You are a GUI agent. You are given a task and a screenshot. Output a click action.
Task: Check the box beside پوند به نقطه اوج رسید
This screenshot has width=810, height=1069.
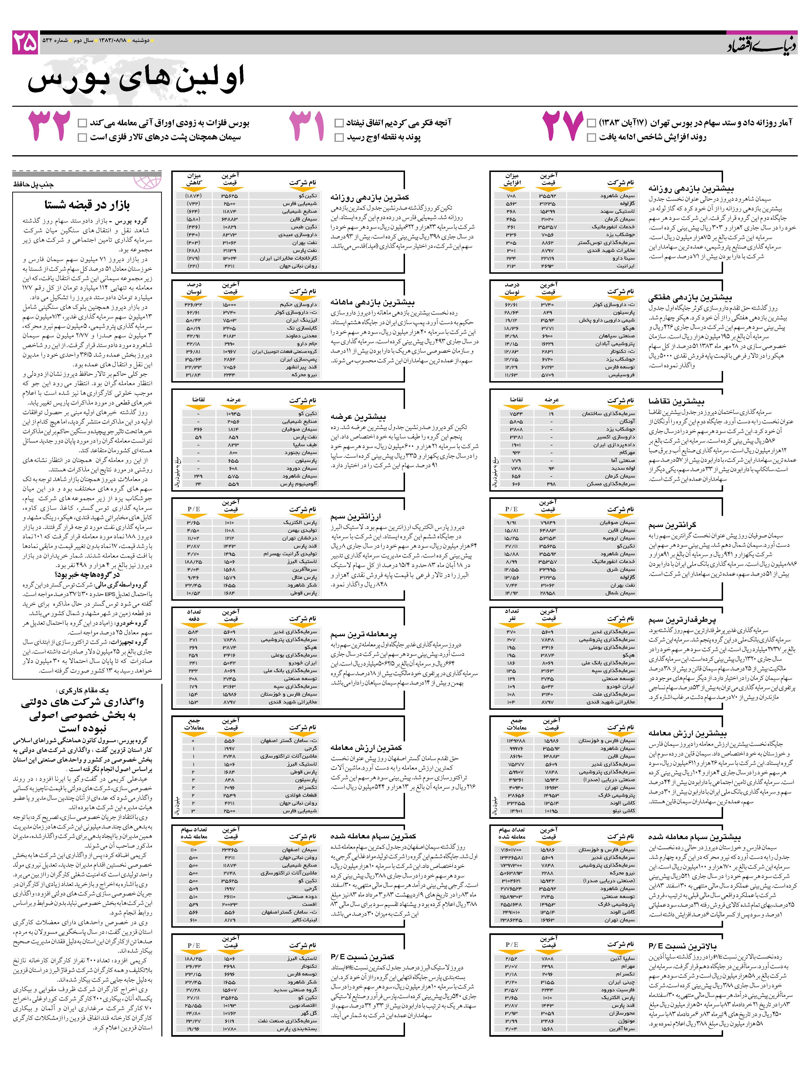coord(339,138)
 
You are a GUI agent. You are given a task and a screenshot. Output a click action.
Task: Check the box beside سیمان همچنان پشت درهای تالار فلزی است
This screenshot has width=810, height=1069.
coord(82,138)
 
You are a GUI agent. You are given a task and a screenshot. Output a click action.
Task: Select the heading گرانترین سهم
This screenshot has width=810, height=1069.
coord(672,525)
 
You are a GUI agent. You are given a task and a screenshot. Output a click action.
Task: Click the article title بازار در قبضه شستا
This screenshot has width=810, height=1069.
coord(87,205)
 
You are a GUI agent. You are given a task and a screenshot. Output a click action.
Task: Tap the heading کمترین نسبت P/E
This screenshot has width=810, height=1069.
coord(362,956)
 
